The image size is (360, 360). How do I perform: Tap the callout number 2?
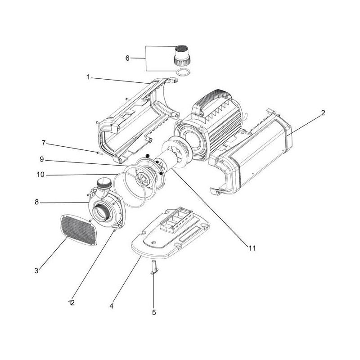tap(323, 113)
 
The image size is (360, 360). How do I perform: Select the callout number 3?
tap(36, 270)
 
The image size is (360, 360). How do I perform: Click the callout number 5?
tap(154, 312)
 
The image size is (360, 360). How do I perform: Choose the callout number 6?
tap(127, 58)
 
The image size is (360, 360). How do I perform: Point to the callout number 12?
tap(71, 303)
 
